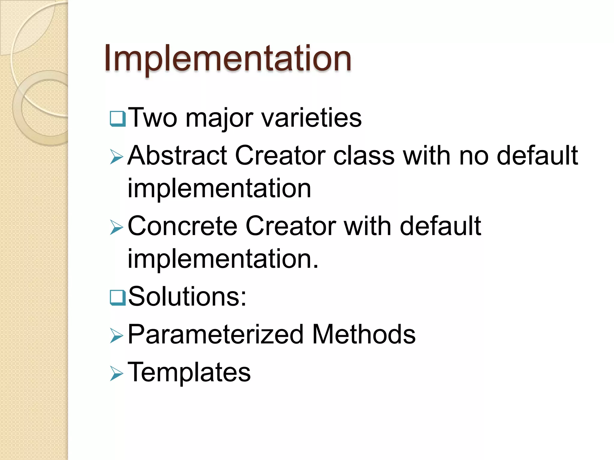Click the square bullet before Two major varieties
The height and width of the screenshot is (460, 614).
click(118, 119)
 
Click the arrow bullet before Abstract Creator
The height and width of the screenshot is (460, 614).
click(117, 157)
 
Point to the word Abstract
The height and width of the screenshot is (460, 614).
click(177, 155)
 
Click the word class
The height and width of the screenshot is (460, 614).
click(364, 155)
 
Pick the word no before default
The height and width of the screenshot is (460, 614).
click(474, 155)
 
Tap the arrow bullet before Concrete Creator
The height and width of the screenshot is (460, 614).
click(117, 227)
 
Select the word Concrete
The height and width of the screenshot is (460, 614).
click(182, 226)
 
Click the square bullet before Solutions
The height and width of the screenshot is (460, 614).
click(118, 297)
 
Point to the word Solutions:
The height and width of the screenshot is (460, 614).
click(187, 296)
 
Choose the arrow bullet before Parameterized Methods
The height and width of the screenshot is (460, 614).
click(117, 335)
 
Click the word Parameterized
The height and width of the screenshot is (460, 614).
click(215, 335)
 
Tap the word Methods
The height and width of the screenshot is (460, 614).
click(364, 335)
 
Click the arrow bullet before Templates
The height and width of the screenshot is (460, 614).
click(117, 373)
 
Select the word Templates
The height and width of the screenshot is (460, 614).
click(189, 372)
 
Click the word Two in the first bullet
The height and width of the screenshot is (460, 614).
click(153, 118)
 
